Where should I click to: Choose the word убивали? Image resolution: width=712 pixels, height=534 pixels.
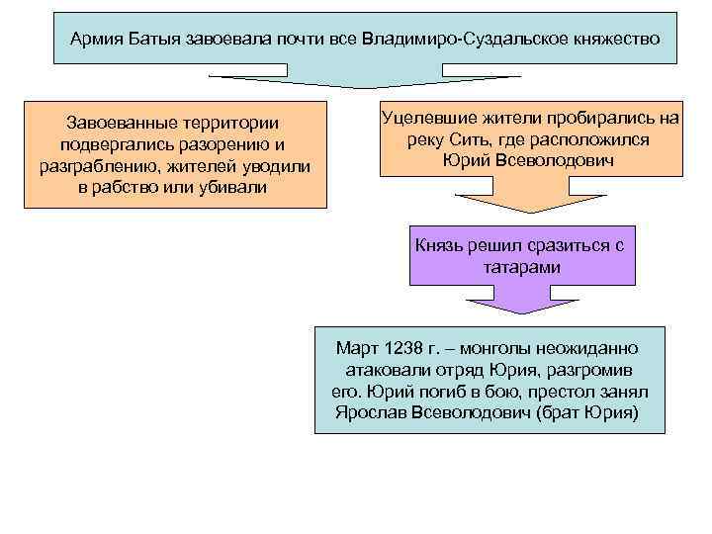pos(230,188)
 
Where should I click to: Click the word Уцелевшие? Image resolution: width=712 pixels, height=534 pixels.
pos(426,118)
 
